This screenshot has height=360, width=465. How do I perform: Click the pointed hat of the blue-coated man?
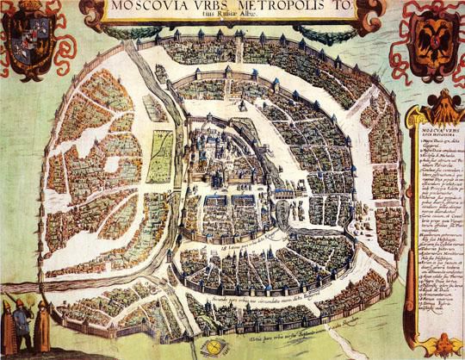pos(22,303)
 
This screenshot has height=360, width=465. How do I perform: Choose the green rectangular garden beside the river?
pos(161,155)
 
